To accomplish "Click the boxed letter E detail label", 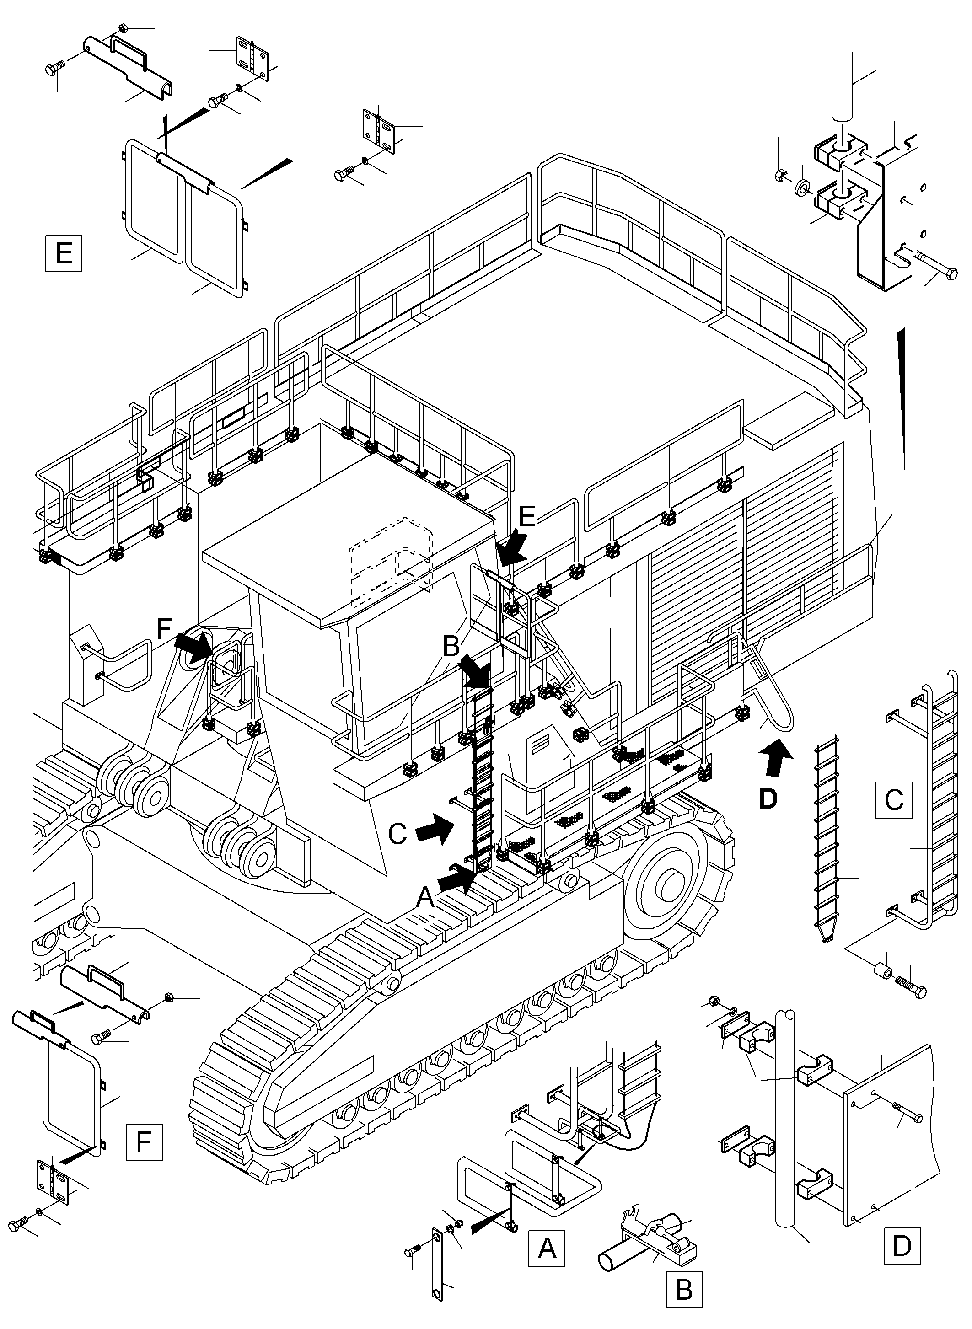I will pos(64,253).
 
